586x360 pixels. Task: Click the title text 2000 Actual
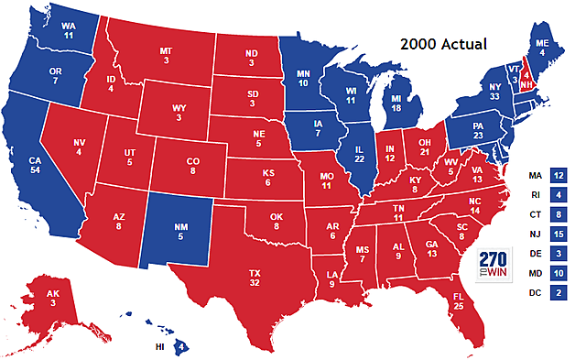pyautogui.click(x=444, y=43)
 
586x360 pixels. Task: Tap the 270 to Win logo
pyautogui.click(x=494, y=263)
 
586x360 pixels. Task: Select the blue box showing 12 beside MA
pyautogui.click(x=558, y=174)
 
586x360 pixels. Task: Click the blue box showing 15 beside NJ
pyautogui.click(x=558, y=233)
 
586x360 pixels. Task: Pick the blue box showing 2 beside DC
pyautogui.click(x=558, y=292)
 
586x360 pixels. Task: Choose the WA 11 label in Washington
pyautogui.click(x=44, y=30)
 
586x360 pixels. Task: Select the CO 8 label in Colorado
pyautogui.click(x=193, y=168)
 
